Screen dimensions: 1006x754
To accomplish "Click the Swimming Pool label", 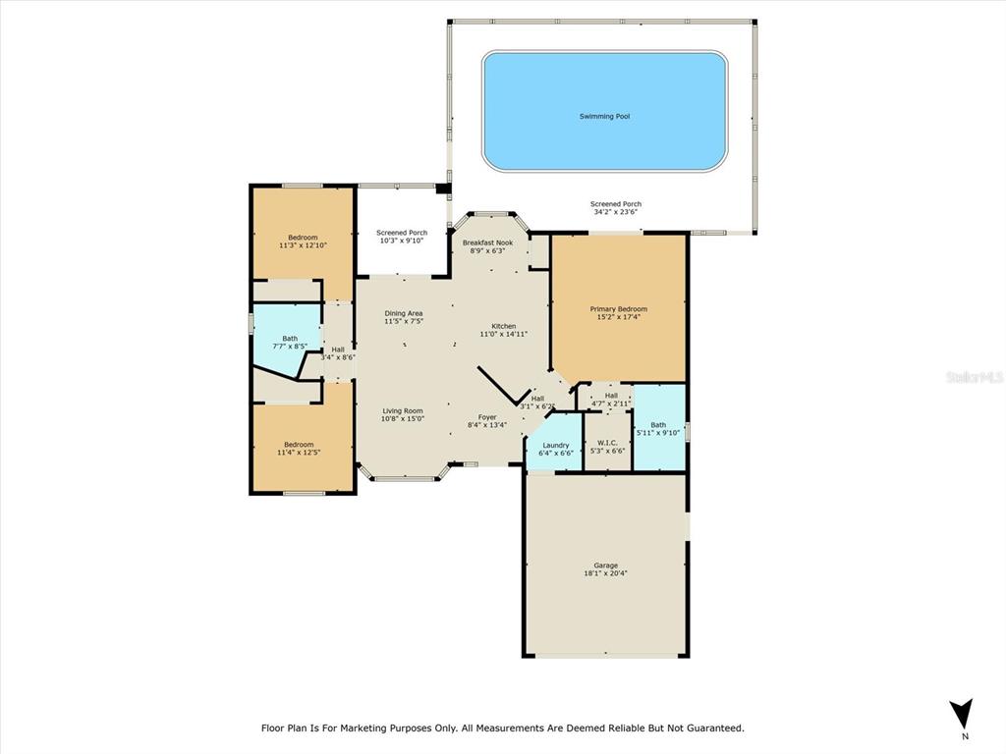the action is pyautogui.click(x=604, y=117).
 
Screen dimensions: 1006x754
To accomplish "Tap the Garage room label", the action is pyautogui.click(x=605, y=565).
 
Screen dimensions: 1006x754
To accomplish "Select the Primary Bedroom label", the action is pyautogui.click(x=619, y=309).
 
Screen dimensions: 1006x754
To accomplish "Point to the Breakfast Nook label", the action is pyautogui.click(x=487, y=243).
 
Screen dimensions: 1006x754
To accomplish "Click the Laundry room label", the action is pyautogui.click(x=556, y=445).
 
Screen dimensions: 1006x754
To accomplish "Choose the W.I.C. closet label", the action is pyautogui.click(x=607, y=443).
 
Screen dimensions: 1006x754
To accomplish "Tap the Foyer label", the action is pyautogui.click(x=487, y=417).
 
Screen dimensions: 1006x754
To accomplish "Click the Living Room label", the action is pyautogui.click(x=403, y=411).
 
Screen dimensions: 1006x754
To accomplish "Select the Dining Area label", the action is pyautogui.click(x=404, y=313).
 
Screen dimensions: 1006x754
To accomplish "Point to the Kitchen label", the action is pyautogui.click(x=504, y=326).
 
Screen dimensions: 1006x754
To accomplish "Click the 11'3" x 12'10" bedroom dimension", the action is pyautogui.click(x=303, y=245).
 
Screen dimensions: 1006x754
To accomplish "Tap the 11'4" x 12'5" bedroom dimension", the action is pyautogui.click(x=299, y=453).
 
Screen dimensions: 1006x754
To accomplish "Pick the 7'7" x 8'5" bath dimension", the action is pyautogui.click(x=290, y=347).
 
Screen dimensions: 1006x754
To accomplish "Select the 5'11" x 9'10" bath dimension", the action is pyautogui.click(x=658, y=433).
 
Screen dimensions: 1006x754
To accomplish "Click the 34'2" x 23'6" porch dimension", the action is pyautogui.click(x=616, y=212).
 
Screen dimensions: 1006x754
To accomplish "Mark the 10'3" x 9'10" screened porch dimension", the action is pyautogui.click(x=402, y=241).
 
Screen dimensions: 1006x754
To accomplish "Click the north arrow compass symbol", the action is pyautogui.click(x=961, y=714).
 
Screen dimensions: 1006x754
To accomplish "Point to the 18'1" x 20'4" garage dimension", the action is pyautogui.click(x=605, y=573).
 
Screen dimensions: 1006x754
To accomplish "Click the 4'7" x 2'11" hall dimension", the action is pyautogui.click(x=611, y=404).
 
